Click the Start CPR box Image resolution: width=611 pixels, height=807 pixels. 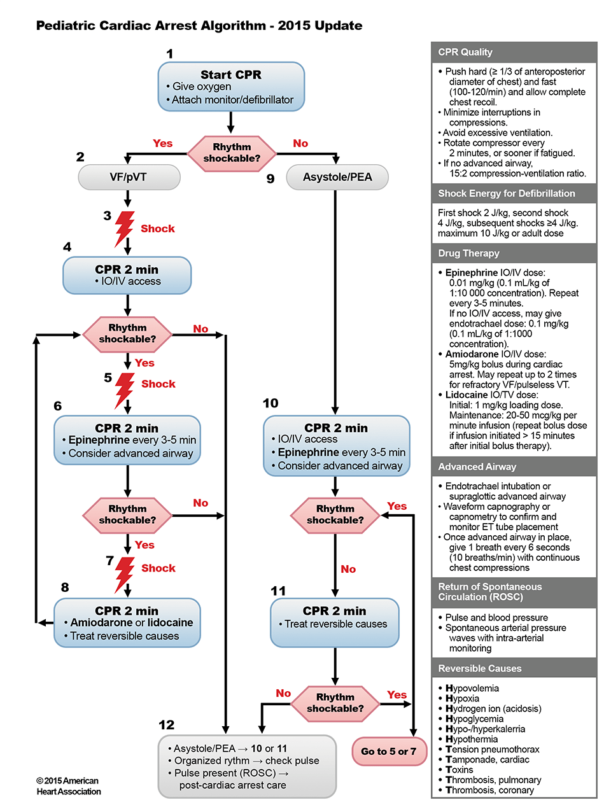231,87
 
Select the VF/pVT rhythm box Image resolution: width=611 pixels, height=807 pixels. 129,177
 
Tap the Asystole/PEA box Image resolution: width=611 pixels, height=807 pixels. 337,177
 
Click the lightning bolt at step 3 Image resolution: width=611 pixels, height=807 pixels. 123,228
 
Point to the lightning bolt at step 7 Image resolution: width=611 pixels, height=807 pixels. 124,573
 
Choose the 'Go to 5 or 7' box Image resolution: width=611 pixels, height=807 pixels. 389,752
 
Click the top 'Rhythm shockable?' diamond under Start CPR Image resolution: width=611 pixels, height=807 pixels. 232,153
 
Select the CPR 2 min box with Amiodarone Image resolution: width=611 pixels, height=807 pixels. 127,622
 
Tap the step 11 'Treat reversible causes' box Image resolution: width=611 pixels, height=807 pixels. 335,623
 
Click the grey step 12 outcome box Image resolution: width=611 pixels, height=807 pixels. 247,766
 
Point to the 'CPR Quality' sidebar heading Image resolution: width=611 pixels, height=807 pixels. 465,52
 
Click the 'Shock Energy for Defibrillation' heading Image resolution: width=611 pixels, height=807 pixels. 507,193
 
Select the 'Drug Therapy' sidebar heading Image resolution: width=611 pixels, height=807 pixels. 468,253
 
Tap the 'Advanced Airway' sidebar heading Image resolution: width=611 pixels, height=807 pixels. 477,467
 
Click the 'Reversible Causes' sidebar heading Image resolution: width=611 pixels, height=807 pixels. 480,668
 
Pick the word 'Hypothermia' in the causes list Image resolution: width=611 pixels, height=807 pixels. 472,739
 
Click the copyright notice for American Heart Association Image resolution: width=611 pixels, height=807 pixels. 68,786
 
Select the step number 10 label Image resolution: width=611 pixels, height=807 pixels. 270,403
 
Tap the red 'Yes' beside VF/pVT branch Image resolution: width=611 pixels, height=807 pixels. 163,144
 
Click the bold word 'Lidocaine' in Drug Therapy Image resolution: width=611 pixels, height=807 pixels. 467,395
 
